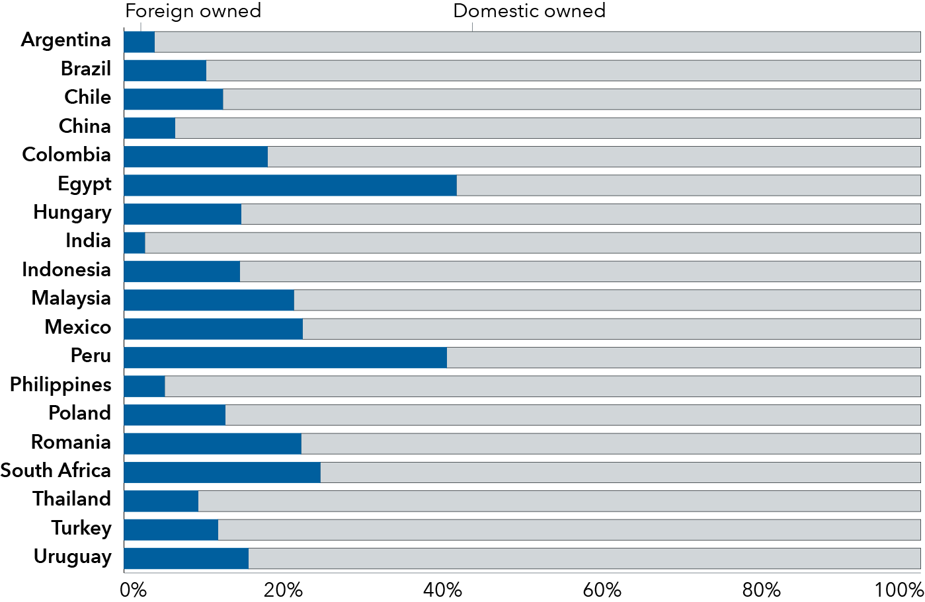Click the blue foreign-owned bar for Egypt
[290, 186]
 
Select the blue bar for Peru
[285, 357]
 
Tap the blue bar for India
[134, 243]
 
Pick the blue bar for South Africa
[221, 472]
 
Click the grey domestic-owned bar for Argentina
[537, 42]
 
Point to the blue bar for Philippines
[144, 387]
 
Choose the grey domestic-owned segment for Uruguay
[584, 558]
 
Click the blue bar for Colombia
[196, 157]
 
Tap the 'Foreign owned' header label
[193, 11]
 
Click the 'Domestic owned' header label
[529, 11]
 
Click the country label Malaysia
[71, 299]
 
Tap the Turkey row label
[81, 529]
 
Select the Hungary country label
[72, 213]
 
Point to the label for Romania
[71, 442]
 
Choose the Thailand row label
[71, 499]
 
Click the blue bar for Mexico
[213, 329]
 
